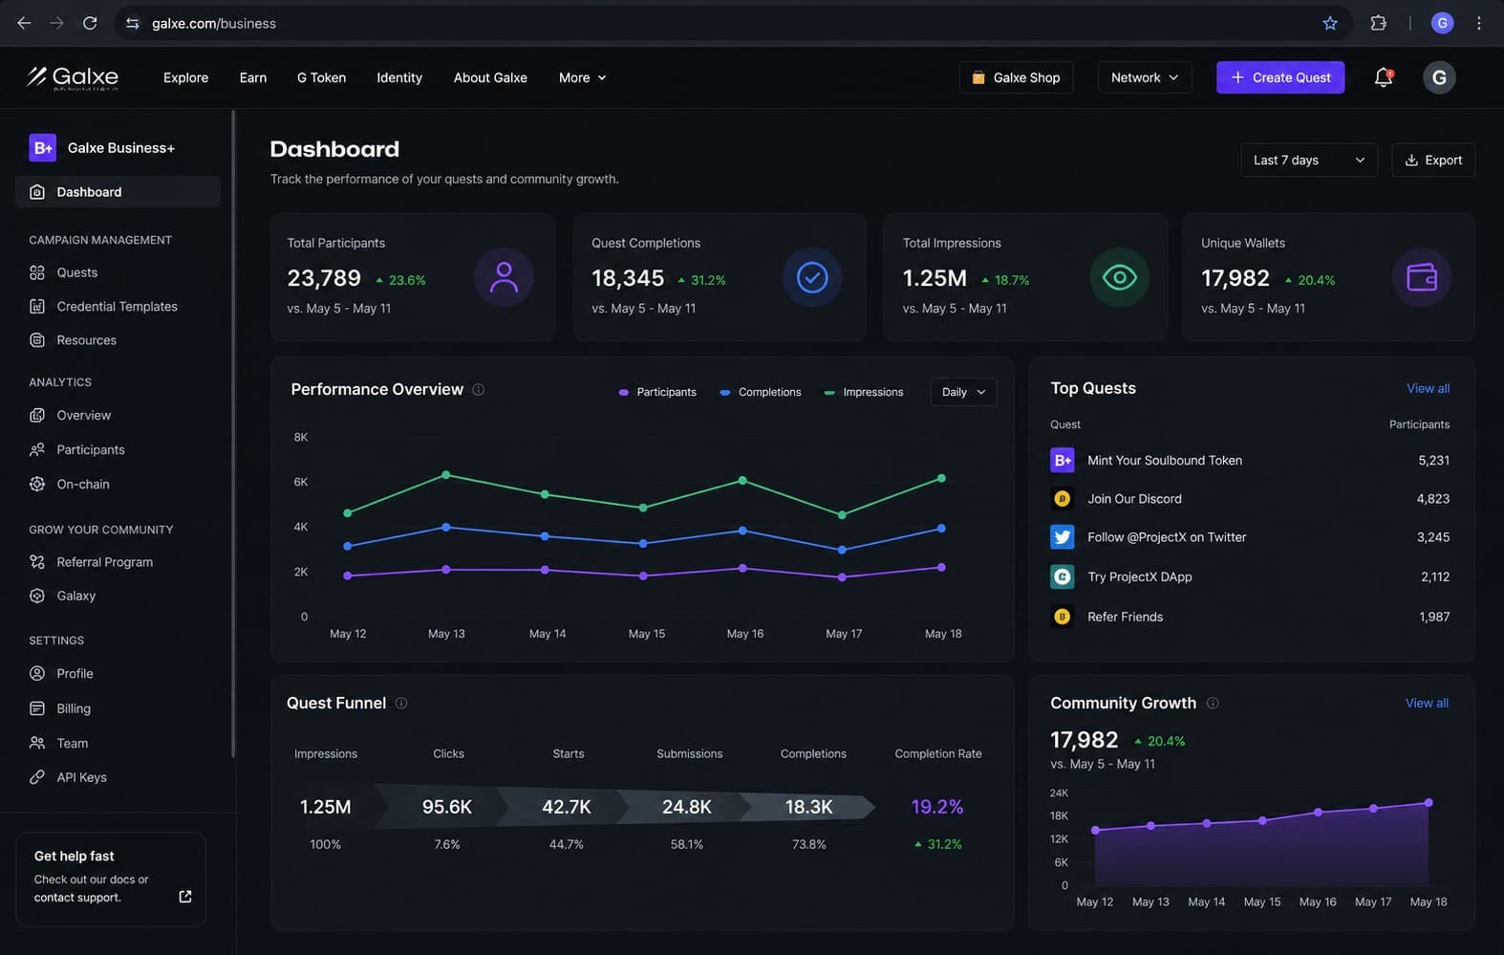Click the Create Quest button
(1279, 77)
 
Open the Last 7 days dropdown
(1309, 160)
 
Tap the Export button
(1433, 160)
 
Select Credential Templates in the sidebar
(117, 306)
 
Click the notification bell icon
(1384, 77)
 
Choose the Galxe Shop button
(1016, 77)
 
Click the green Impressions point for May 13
(446, 475)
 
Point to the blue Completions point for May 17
(842, 550)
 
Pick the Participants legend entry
(657, 392)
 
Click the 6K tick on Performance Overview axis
(301, 482)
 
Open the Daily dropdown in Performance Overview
(963, 392)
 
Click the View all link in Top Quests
(1428, 388)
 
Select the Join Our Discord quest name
(1134, 498)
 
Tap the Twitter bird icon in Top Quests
(1062, 536)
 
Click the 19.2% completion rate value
(936, 807)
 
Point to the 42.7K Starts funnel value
(566, 807)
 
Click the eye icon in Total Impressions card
(1119, 277)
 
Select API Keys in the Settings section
(81, 777)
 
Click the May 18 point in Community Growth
(1429, 803)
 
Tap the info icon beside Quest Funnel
(400, 704)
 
